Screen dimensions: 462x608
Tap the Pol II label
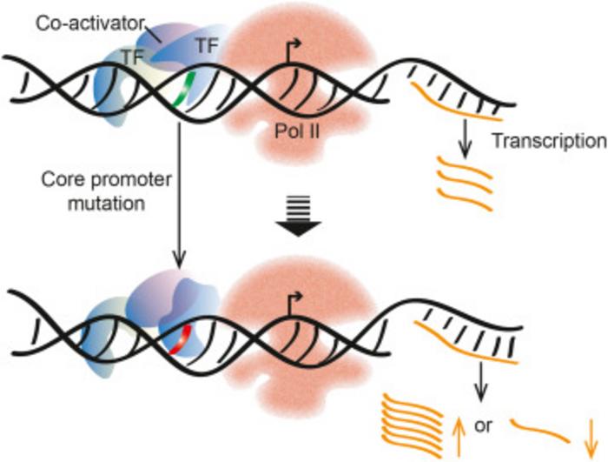click(x=291, y=131)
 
